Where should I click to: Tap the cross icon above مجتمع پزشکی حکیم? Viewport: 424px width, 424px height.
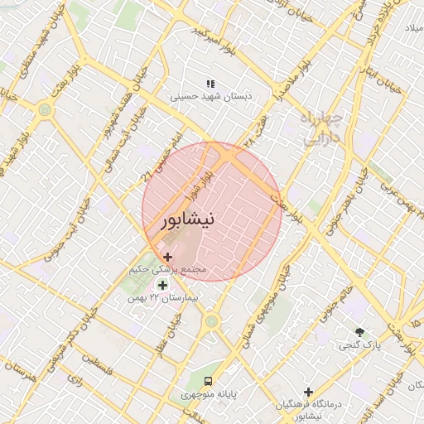point(168,258)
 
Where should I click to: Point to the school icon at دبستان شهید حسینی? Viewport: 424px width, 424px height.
point(210,84)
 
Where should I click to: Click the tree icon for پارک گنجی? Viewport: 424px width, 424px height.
point(359,332)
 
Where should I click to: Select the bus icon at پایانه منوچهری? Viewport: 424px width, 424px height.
point(208,382)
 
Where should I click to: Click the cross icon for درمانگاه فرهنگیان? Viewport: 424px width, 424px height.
point(308,392)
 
